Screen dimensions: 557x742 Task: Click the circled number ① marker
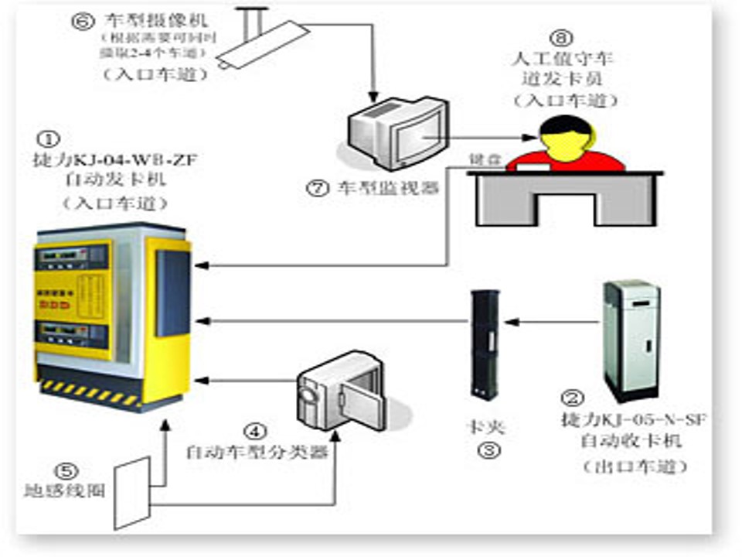coord(48,138)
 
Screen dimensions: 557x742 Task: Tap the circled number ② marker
coord(571,399)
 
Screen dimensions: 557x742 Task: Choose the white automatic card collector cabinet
coord(632,340)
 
